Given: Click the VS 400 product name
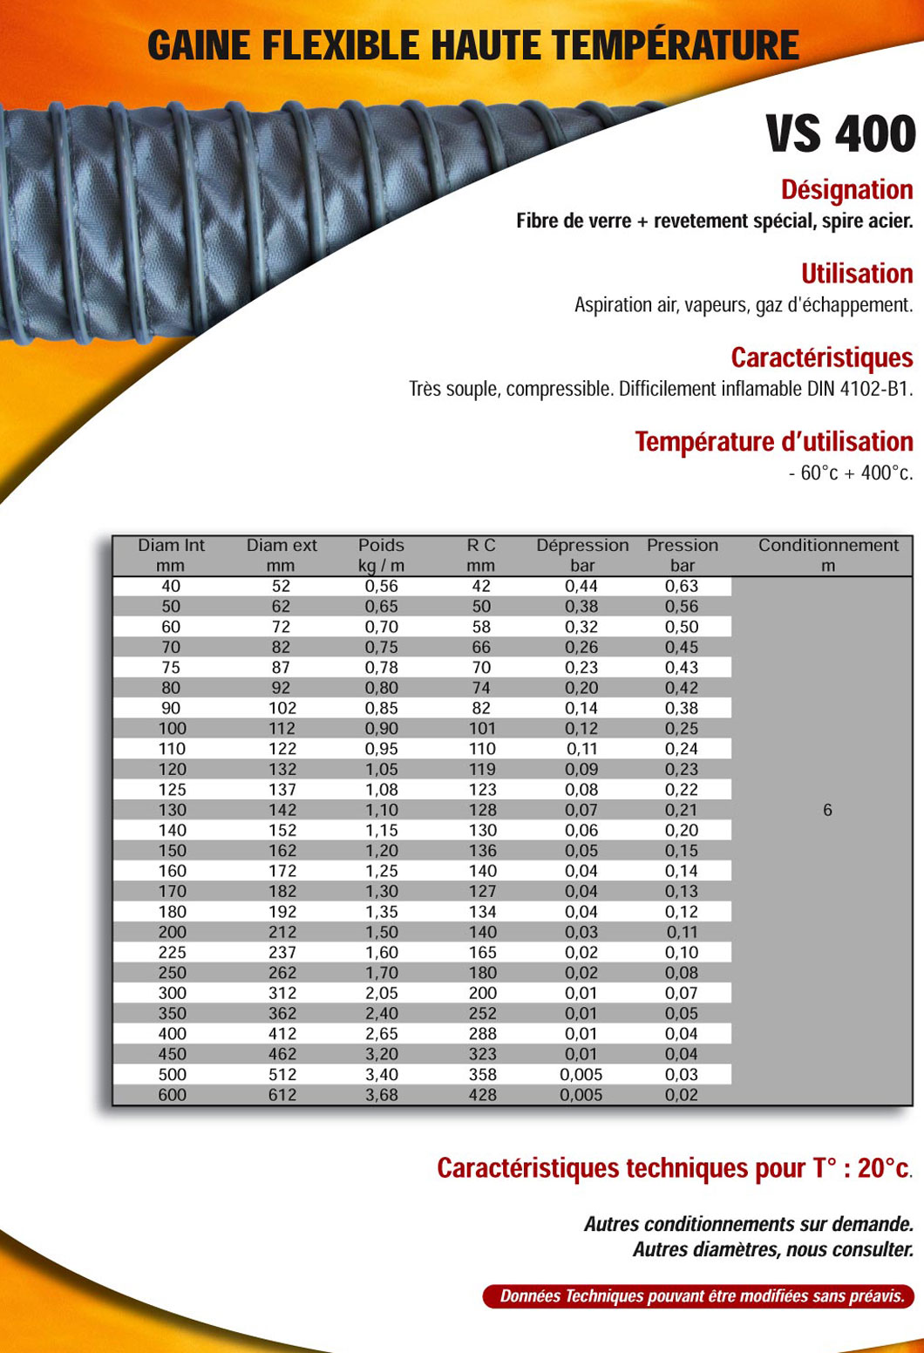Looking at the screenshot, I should (x=840, y=134).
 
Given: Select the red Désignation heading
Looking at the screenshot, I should (x=846, y=189).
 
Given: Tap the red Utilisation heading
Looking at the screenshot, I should (x=857, y=273).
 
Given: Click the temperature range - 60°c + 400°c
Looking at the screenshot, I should (x=850, y=473).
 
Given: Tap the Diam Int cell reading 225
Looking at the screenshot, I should (x=172, y=952).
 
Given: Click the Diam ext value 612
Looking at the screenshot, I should (x=282, y=1094).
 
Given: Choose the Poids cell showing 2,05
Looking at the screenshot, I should (x=381, y=993).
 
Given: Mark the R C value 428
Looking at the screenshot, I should (x=482, y=1094).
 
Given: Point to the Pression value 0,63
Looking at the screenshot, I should (x=682, y=586).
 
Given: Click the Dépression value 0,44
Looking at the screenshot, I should (x=581, y=586).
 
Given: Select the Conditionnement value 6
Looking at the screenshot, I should (x=827, y=810).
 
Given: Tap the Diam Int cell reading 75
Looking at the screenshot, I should (x=171, y=667).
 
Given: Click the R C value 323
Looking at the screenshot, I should (x=482, y=1054).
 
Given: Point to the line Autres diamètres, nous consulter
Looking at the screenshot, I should (x=773, y=1249).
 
